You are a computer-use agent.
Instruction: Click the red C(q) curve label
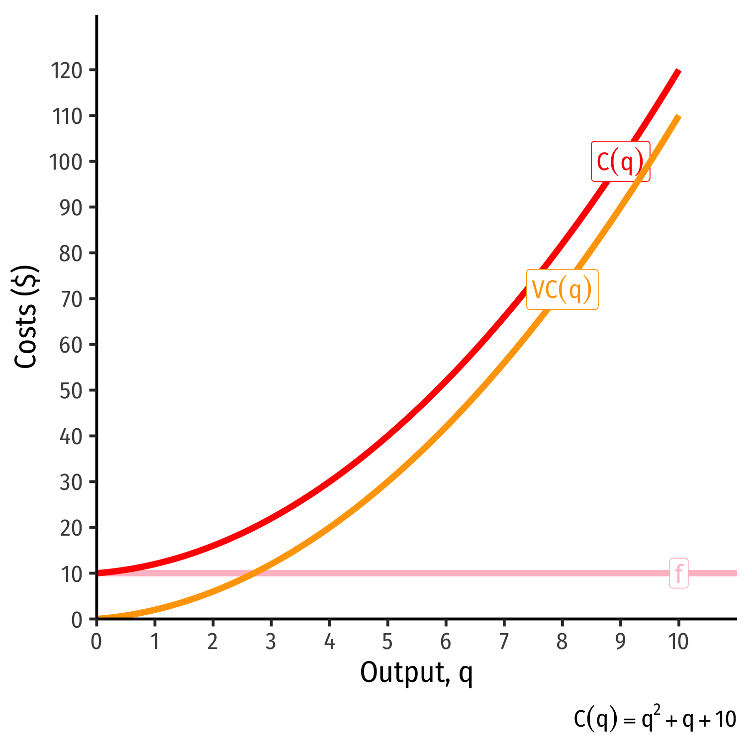(620, 162)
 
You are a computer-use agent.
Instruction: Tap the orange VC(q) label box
(562, 289)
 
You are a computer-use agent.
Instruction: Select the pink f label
(679, 573)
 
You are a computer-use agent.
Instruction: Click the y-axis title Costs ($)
(26, 317)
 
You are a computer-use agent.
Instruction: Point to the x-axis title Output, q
(416, 674)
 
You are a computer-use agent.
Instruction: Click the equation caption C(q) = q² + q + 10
(655, 720)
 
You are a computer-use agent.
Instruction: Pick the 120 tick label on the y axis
(66, 71)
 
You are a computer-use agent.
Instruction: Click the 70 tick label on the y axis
(71, 299)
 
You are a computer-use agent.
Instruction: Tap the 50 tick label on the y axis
(71, 391)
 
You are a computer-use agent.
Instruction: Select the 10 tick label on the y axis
(71, 574)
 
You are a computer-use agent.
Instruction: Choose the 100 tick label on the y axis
(66, 162)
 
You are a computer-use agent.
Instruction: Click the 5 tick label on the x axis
(387, 642)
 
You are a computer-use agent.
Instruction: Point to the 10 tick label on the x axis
(678, 642)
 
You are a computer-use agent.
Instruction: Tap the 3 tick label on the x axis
(271, 642)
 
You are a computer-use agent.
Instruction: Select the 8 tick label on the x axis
(562, 642)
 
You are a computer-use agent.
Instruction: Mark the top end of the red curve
(678, 71)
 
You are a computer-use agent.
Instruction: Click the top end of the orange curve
(678, 116)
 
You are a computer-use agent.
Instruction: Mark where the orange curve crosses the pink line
(254, 573)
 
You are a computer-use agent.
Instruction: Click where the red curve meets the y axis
(97, 573)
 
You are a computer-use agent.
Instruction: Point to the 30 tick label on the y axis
(71, 482)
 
